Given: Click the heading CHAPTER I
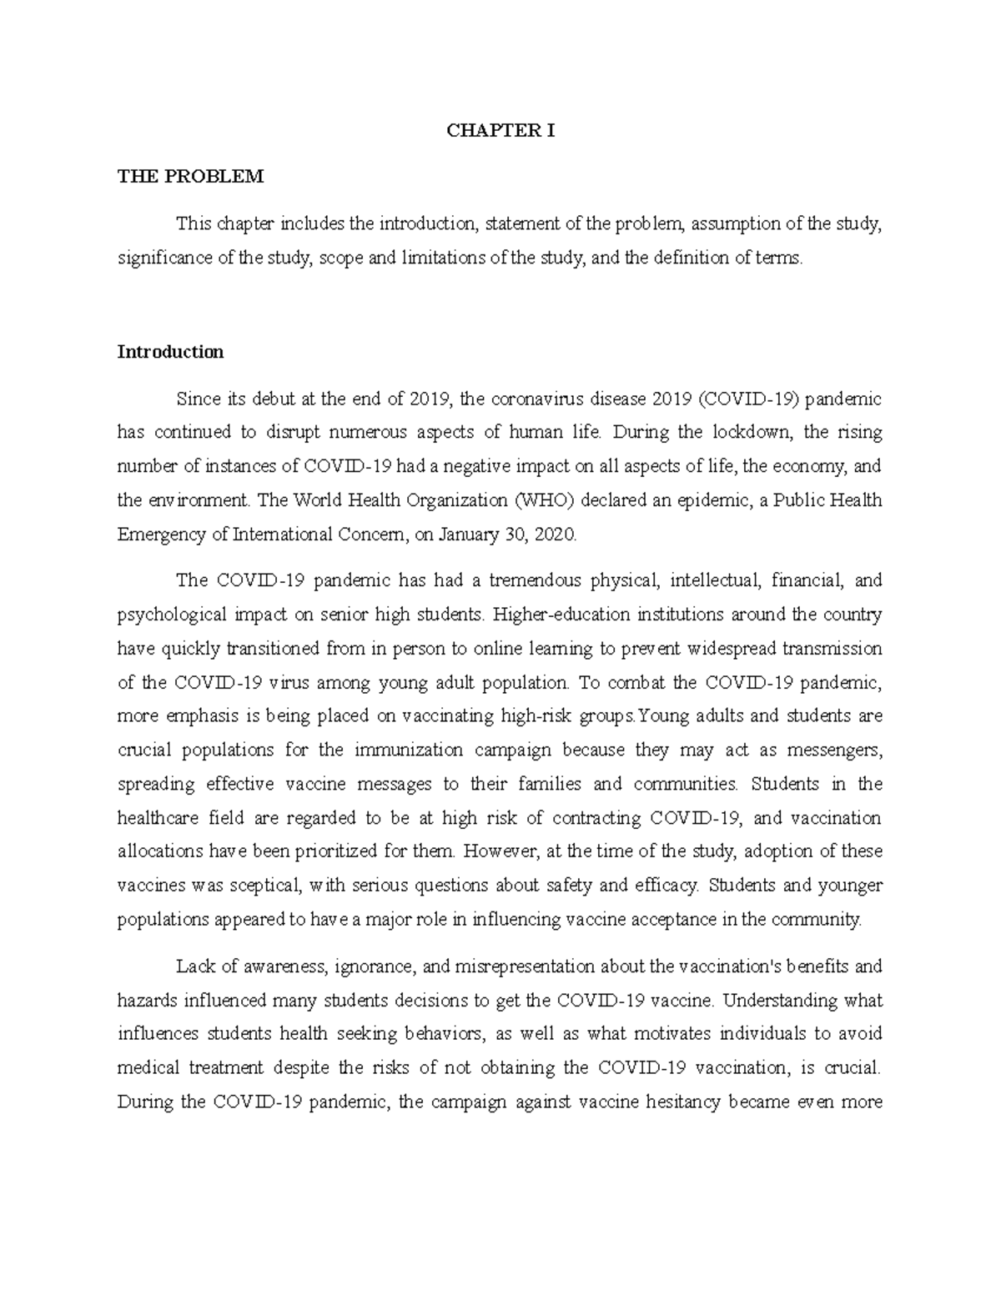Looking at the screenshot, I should coord(500,131).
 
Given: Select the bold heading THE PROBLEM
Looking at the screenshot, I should coord(190,176).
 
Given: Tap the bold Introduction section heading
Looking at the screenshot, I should coord(170,352).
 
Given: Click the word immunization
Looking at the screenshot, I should coord(409,750).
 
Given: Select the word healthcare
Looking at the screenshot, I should coord(158,818).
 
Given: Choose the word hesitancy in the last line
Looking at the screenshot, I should coord(681,1102).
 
